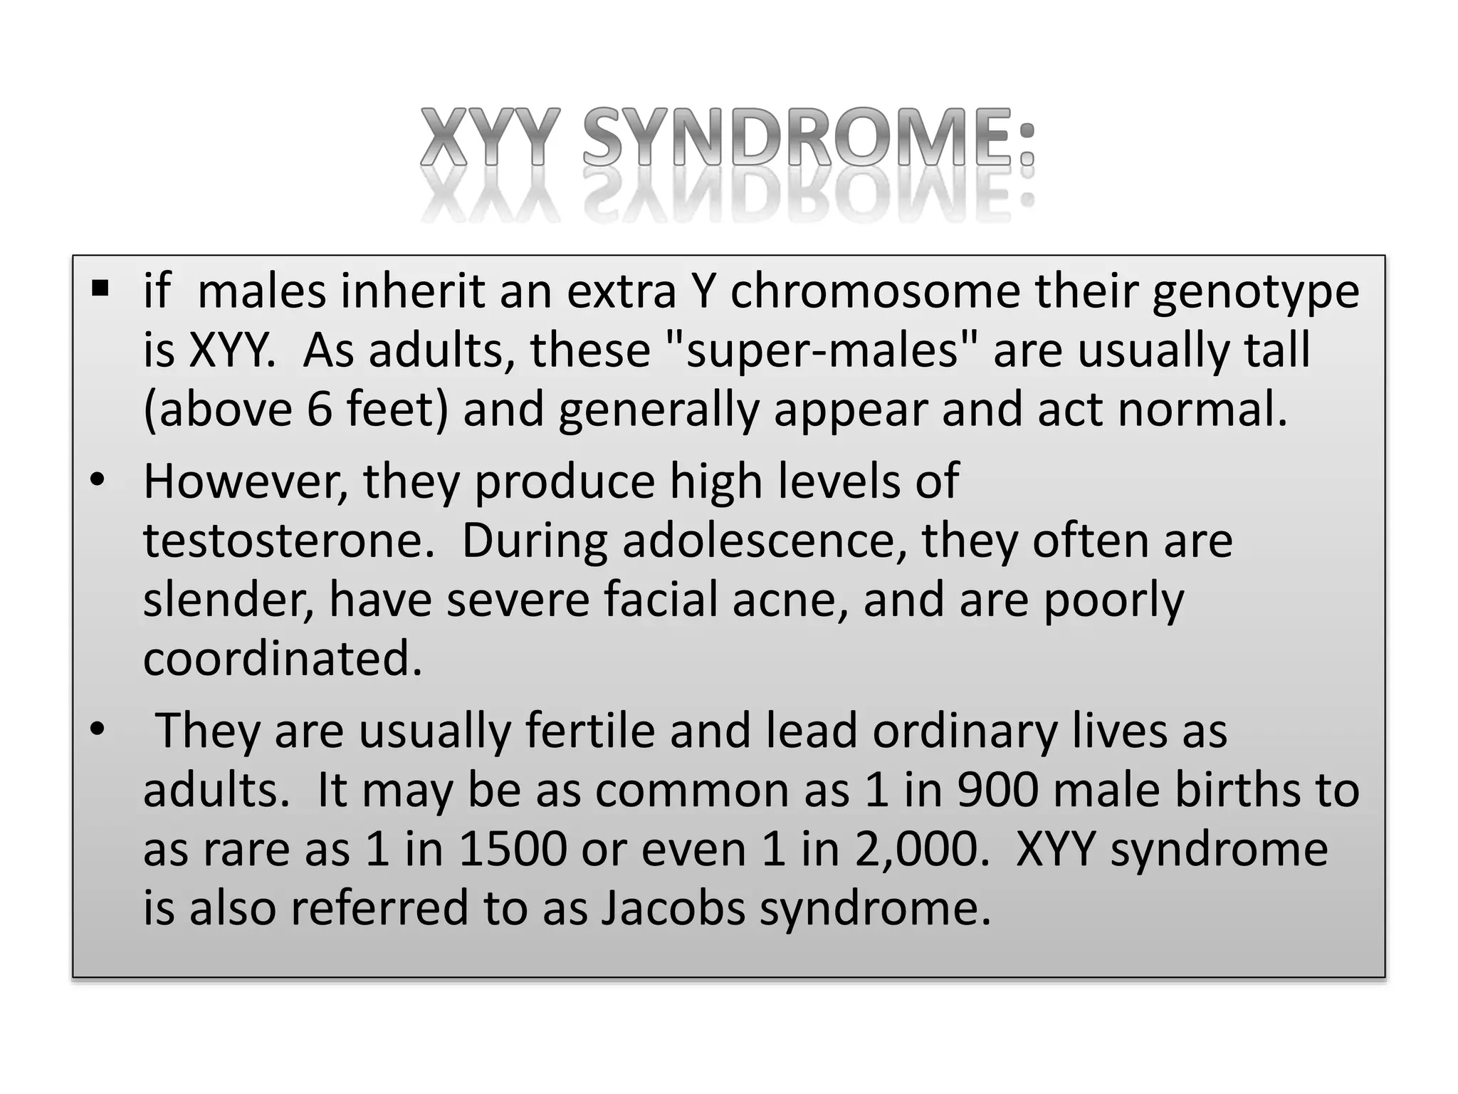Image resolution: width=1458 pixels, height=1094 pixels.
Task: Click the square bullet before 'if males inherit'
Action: [100, 288]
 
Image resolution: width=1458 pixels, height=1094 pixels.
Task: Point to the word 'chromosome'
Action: [875, 292]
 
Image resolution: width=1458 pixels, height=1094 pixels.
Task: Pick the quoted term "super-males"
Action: [822, 351]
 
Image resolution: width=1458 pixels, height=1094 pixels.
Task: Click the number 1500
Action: [513, 850]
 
